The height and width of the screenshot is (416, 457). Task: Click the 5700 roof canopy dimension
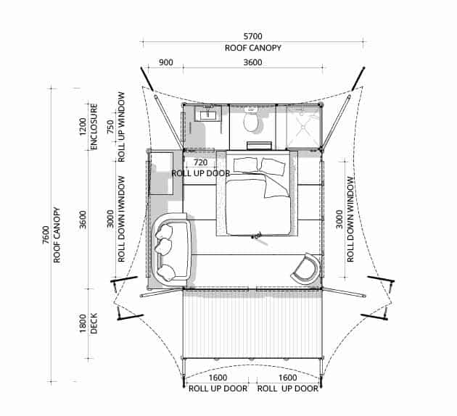click(x=252, y=36)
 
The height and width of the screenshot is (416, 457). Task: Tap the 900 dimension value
click(x=165, y=62)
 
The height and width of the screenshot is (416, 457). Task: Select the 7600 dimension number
click(x=46, y=235)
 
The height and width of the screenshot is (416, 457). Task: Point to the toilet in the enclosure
click(x=251, y=120)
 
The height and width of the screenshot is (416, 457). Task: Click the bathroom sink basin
click(x=207, y=113)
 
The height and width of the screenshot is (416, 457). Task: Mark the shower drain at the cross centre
click(x=303, y=128)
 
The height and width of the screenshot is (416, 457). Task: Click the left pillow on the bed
click(x=246, y=165)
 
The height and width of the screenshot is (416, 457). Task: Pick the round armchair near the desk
click(x=305, y=268)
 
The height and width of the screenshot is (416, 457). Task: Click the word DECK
click(x=94, y=323)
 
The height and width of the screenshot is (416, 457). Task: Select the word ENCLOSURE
click(x=94, y=127)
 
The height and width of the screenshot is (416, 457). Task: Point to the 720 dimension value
click(x=200, y=162)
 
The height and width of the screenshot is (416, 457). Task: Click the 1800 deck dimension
click(x=83, y=323)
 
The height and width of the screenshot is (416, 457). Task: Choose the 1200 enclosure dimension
click(x=83, y=127)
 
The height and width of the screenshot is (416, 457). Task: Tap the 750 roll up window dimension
click(x=110, y=127)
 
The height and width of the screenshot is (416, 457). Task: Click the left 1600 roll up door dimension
click(x=218, y=378)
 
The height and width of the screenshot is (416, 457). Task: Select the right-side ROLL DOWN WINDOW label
click(x=350, y=220)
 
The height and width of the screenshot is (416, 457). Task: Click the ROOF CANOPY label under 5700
click(x=253, y=48)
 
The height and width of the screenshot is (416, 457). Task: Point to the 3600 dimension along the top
click(x=252, y=62)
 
